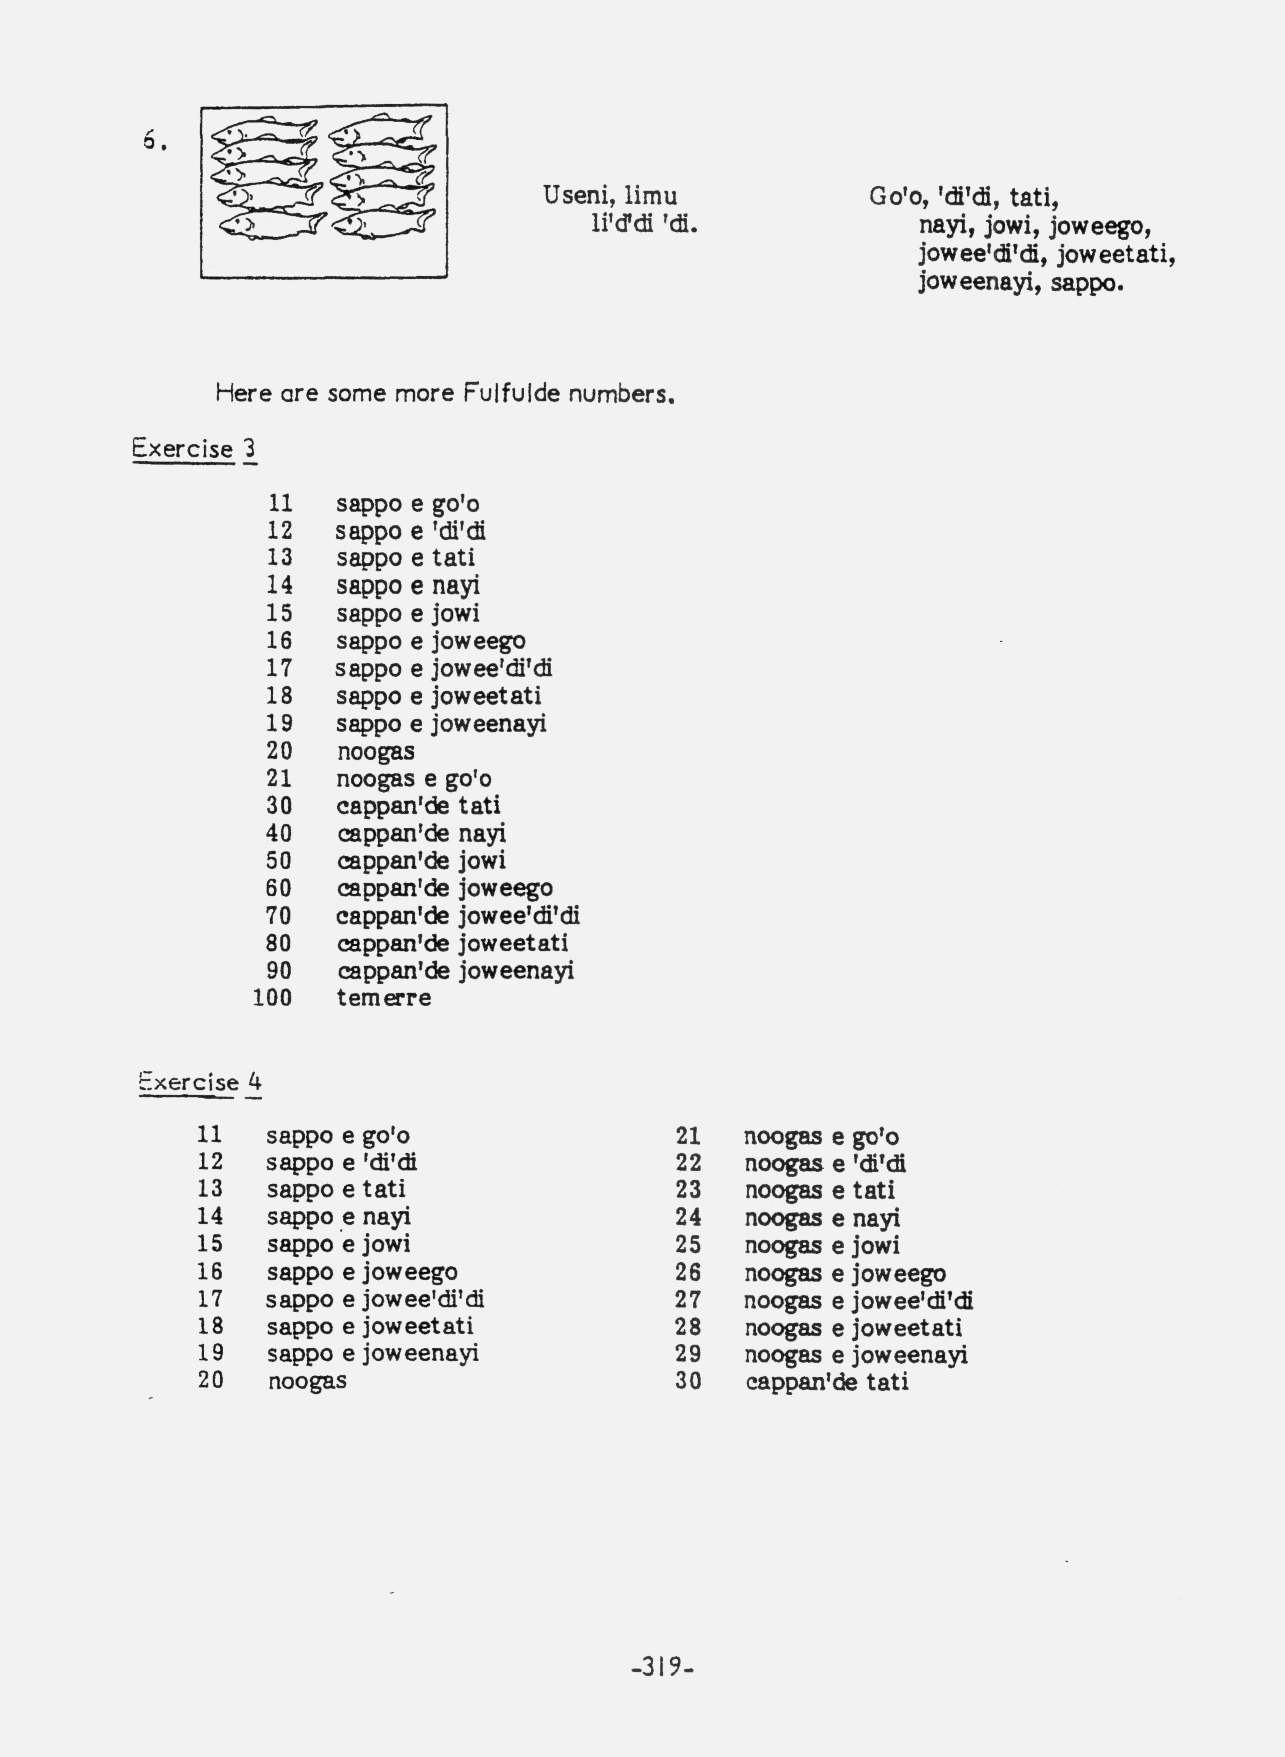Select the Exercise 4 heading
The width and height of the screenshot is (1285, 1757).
(x=200, y=1082)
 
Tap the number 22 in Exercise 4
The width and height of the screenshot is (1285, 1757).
(x=688, y=1163)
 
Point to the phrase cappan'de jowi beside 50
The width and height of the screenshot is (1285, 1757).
(x=422, y=861)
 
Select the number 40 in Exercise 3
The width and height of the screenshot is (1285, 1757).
(x=278, y=834)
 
